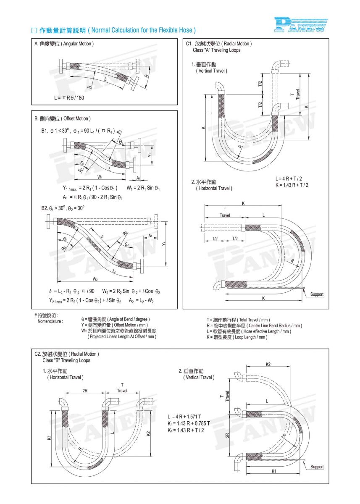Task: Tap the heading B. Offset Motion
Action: (x=63, y=119)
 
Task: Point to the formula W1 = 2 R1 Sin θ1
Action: (x=143, y=187)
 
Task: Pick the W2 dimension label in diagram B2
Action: (x=95, y=279)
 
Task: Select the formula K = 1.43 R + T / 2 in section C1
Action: (x=292, y=185)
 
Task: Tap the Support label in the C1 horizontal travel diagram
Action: (x=317, y=294)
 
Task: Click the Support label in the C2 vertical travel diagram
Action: (x=317, y=467)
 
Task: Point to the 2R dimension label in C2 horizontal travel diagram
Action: (x=85, y=391)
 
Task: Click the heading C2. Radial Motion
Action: (x=67, y=354)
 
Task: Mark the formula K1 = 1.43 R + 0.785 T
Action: (x=189, y=423)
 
